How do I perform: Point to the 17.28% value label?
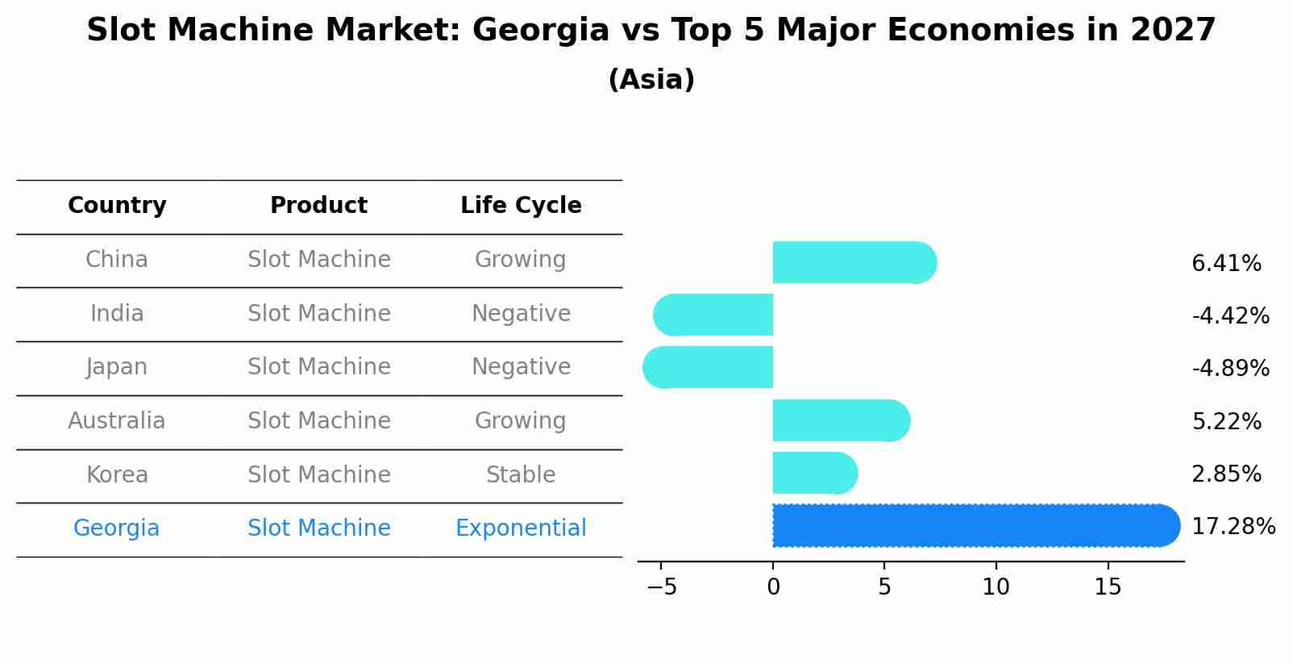pyautogui.click(x=1233, y=527)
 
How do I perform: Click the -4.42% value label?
pyautogui.click(x=1230, y=315)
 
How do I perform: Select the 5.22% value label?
pyautogui.click(x=1226, y=421)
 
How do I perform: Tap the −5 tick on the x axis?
pyautogui.click(x=662, y=587)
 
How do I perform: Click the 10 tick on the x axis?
pyautogui.click(x=996, y=587)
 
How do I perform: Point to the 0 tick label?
pyautogui.click(x=773, y=587)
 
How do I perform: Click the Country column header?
pyautogui.click(x=117, y=206)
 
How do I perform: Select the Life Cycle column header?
pyautogui.click(x=521, y=206)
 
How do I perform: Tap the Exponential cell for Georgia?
pyautogui.click(x=521, y=528)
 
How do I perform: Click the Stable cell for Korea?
pyautogui.click(x=521, y=475)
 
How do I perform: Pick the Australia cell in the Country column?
pyautogui.click(x=117, y=421)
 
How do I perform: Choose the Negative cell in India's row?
pyautogui.click(x=521, y=314)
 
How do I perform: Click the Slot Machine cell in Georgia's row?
pyautogui.click(x=319, y=528)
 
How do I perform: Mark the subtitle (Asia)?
pyautogui.click(x=651, y=80)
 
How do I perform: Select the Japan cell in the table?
pyautogui.click(x=117, y=367)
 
